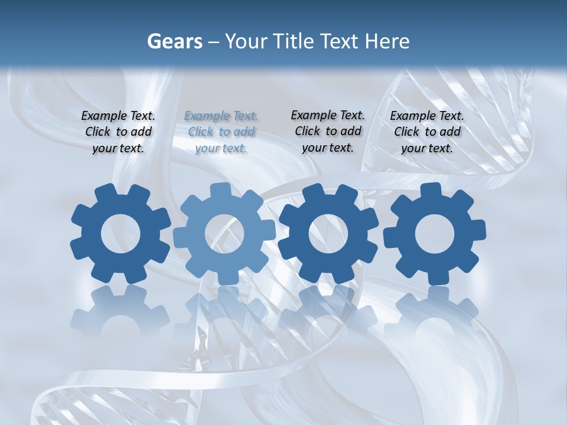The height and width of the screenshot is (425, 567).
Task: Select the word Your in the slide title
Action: (x=246, y=41)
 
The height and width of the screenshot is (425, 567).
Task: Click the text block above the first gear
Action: (x=118, y=132)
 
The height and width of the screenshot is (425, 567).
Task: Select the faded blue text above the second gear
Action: (x=221, y=132)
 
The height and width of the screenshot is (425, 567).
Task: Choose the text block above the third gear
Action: (x=328, y=132)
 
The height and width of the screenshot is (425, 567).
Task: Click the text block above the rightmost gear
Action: (x=427, y=132)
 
